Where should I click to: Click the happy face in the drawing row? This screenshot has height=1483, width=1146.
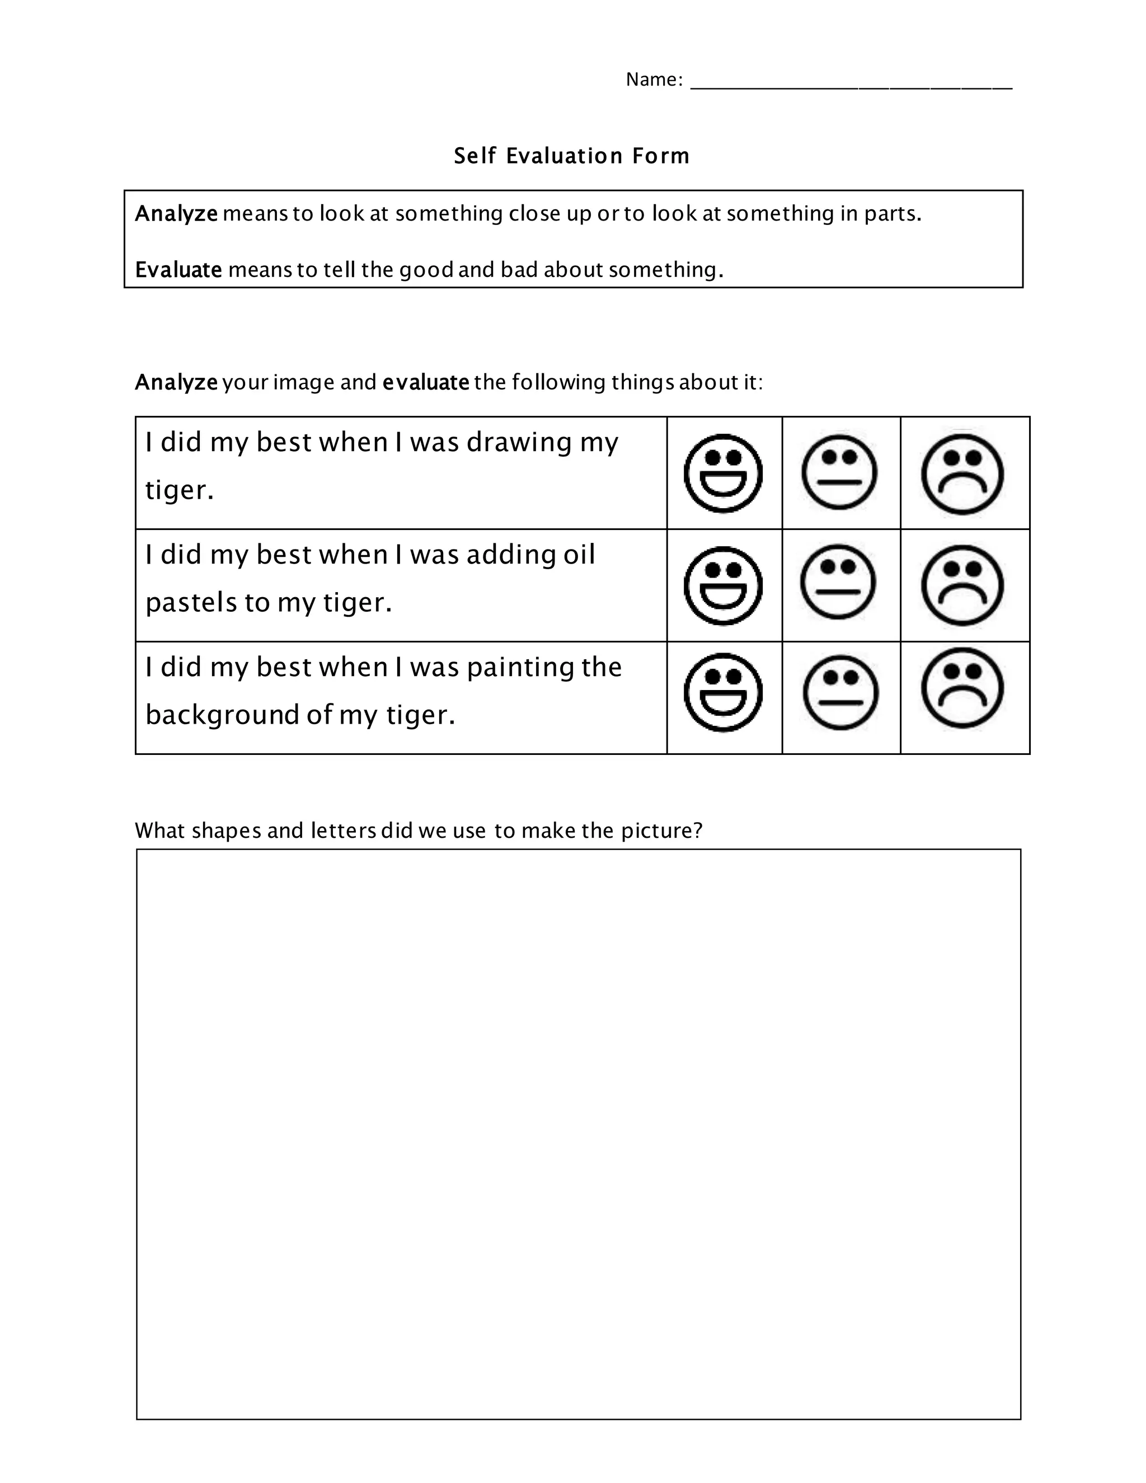click(723, 473)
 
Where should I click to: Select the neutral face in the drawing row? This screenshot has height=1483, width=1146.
click(839, 471)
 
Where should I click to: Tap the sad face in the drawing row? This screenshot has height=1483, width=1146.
click(962, 473)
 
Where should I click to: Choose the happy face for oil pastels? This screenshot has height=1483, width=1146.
click(723, 585)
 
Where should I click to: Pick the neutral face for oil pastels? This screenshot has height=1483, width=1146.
click(838, 583)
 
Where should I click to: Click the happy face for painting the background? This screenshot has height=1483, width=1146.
click(723, 693)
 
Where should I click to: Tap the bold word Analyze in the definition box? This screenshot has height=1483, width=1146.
click(176, 214)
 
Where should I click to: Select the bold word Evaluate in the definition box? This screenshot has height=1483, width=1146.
click(178, 270)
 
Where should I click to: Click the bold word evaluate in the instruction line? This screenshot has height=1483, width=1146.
click(426, 383)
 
